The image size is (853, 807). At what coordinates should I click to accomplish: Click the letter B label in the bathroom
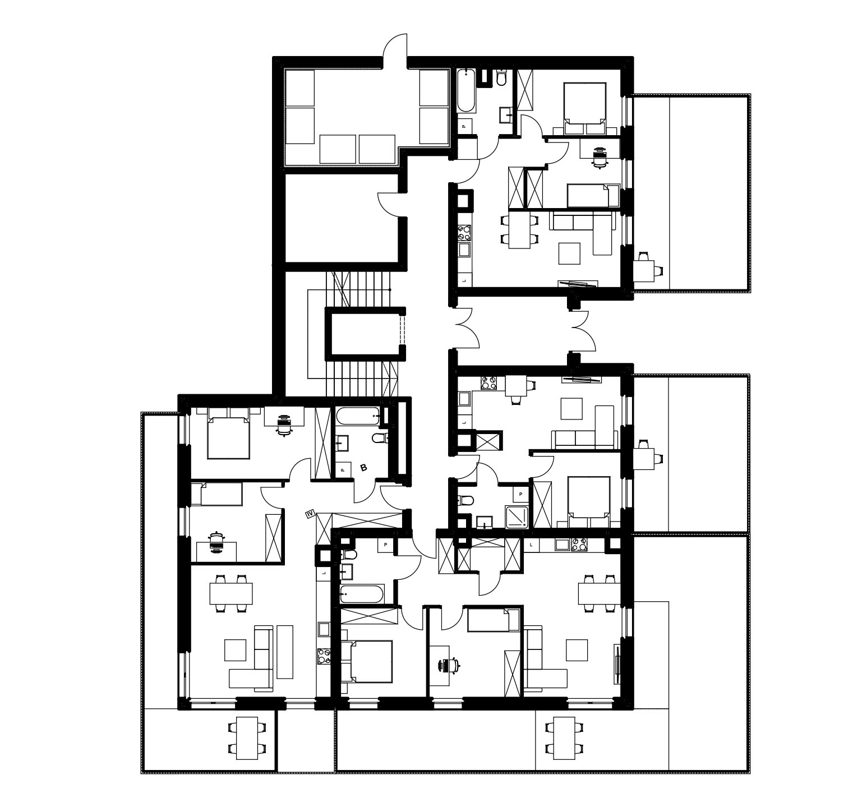pos(363,467)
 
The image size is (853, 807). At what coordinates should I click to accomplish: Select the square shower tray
pos(518,517)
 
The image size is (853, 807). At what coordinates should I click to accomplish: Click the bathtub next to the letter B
pos(358,416)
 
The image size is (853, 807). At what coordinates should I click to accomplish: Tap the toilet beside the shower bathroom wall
pos(466,500)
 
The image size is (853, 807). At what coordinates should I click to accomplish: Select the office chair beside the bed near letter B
pos(285,425)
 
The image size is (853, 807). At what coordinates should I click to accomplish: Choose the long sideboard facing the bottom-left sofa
pos(285,652)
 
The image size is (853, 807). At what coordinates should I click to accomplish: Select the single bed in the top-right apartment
pos(588,195)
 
